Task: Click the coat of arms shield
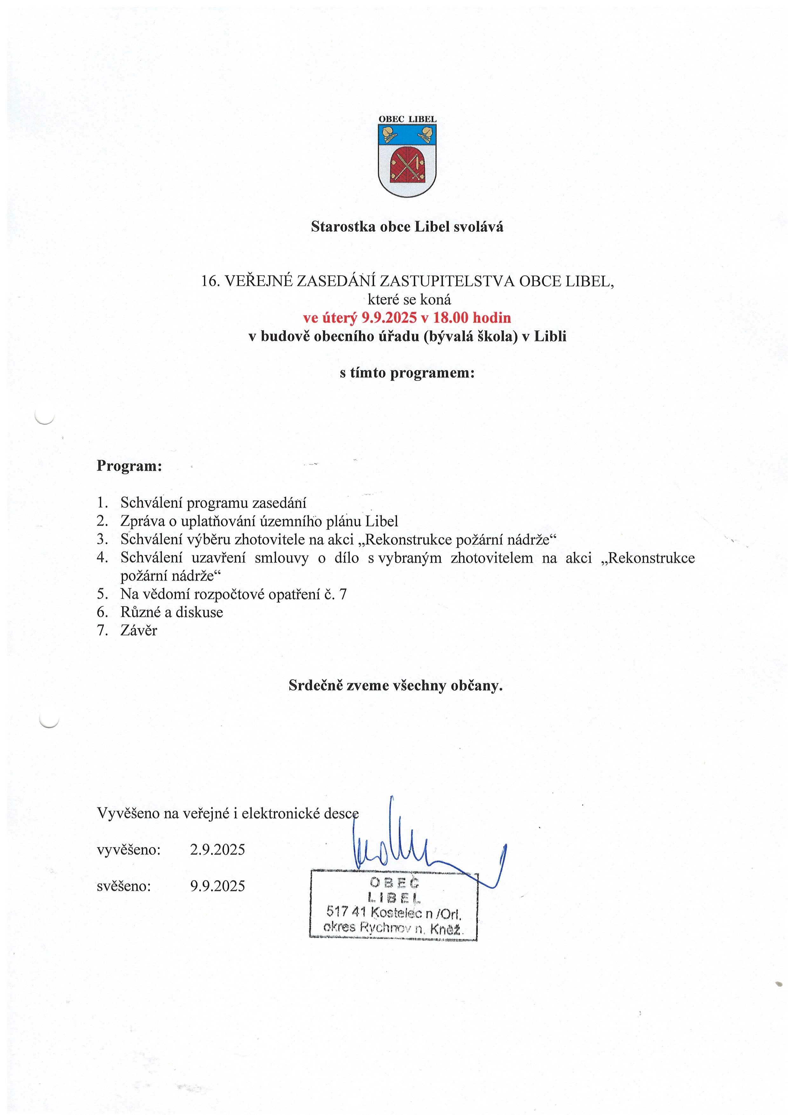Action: click(407, 160)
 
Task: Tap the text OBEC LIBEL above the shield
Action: click(407, 119)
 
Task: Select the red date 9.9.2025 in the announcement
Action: click(389, 318)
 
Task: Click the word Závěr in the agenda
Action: click(139, 630)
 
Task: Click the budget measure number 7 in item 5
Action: click(343, 594)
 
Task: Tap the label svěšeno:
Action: click(124, 886)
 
